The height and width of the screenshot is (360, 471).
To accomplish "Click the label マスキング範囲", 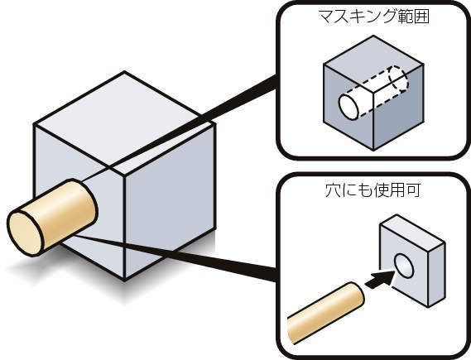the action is pos(373,17).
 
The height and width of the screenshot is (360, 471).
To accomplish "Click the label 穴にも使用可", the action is pos(372,190).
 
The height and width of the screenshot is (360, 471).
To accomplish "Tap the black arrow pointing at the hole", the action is pos(380,279).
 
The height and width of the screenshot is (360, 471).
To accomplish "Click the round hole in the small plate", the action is pos(404,266).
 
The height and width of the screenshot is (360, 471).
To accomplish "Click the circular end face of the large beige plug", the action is pos(26,233).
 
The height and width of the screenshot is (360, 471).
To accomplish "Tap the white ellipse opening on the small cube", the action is pos(348,107).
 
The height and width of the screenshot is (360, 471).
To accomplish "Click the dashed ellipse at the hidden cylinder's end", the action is pos(399,79).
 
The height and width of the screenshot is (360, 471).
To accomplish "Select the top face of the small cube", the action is pos(373,64).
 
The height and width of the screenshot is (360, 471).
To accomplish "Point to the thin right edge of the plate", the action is pos(436,275).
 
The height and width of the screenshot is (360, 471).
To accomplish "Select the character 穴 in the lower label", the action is pos(332,190).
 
